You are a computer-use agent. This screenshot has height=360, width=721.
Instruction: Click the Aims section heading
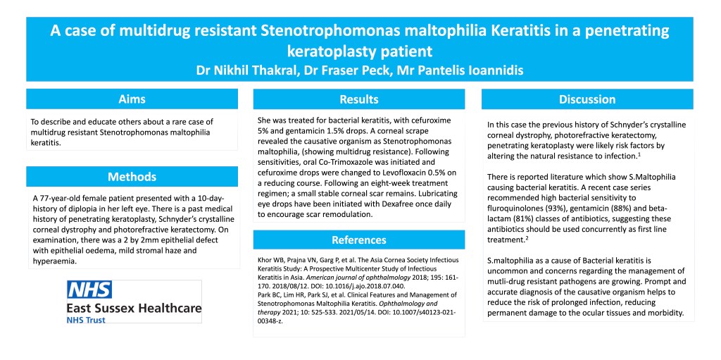[x=132, y=99]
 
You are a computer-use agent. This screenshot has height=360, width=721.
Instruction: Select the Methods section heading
[x=132, y=176]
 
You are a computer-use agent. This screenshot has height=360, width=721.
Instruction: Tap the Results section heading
[x=358, y=99]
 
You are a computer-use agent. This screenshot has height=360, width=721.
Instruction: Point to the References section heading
[x=358, y=240]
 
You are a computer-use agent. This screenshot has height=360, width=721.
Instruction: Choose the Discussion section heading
[x=587, y=99]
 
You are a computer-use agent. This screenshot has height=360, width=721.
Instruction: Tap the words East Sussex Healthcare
[x=134, y=308]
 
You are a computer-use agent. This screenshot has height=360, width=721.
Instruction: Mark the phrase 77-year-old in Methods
[x=64, y=198]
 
